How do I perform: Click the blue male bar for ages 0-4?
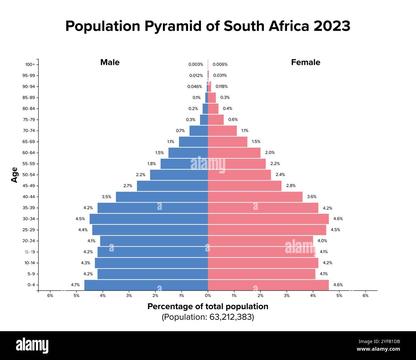[146, 285]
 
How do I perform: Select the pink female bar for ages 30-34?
[268, 219]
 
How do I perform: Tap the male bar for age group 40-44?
[162, 197]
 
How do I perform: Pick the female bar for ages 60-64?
[234, 153]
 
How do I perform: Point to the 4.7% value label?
[75, 285]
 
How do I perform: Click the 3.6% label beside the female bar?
[312, 197]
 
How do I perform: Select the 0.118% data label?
[221, 86]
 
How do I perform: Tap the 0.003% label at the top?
[196, 64]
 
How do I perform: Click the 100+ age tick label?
[30, 64]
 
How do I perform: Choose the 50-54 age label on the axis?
[28, 175]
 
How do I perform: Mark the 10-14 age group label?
[29, 263]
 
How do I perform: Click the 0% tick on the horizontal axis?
[208, 296]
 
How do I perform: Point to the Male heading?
[110, 62]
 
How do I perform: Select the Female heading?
[305, 62]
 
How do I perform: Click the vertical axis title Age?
[14, 175]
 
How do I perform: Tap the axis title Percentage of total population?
[208, 307]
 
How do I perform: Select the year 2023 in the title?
[332, 26]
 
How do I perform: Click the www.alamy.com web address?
[378, 349]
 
